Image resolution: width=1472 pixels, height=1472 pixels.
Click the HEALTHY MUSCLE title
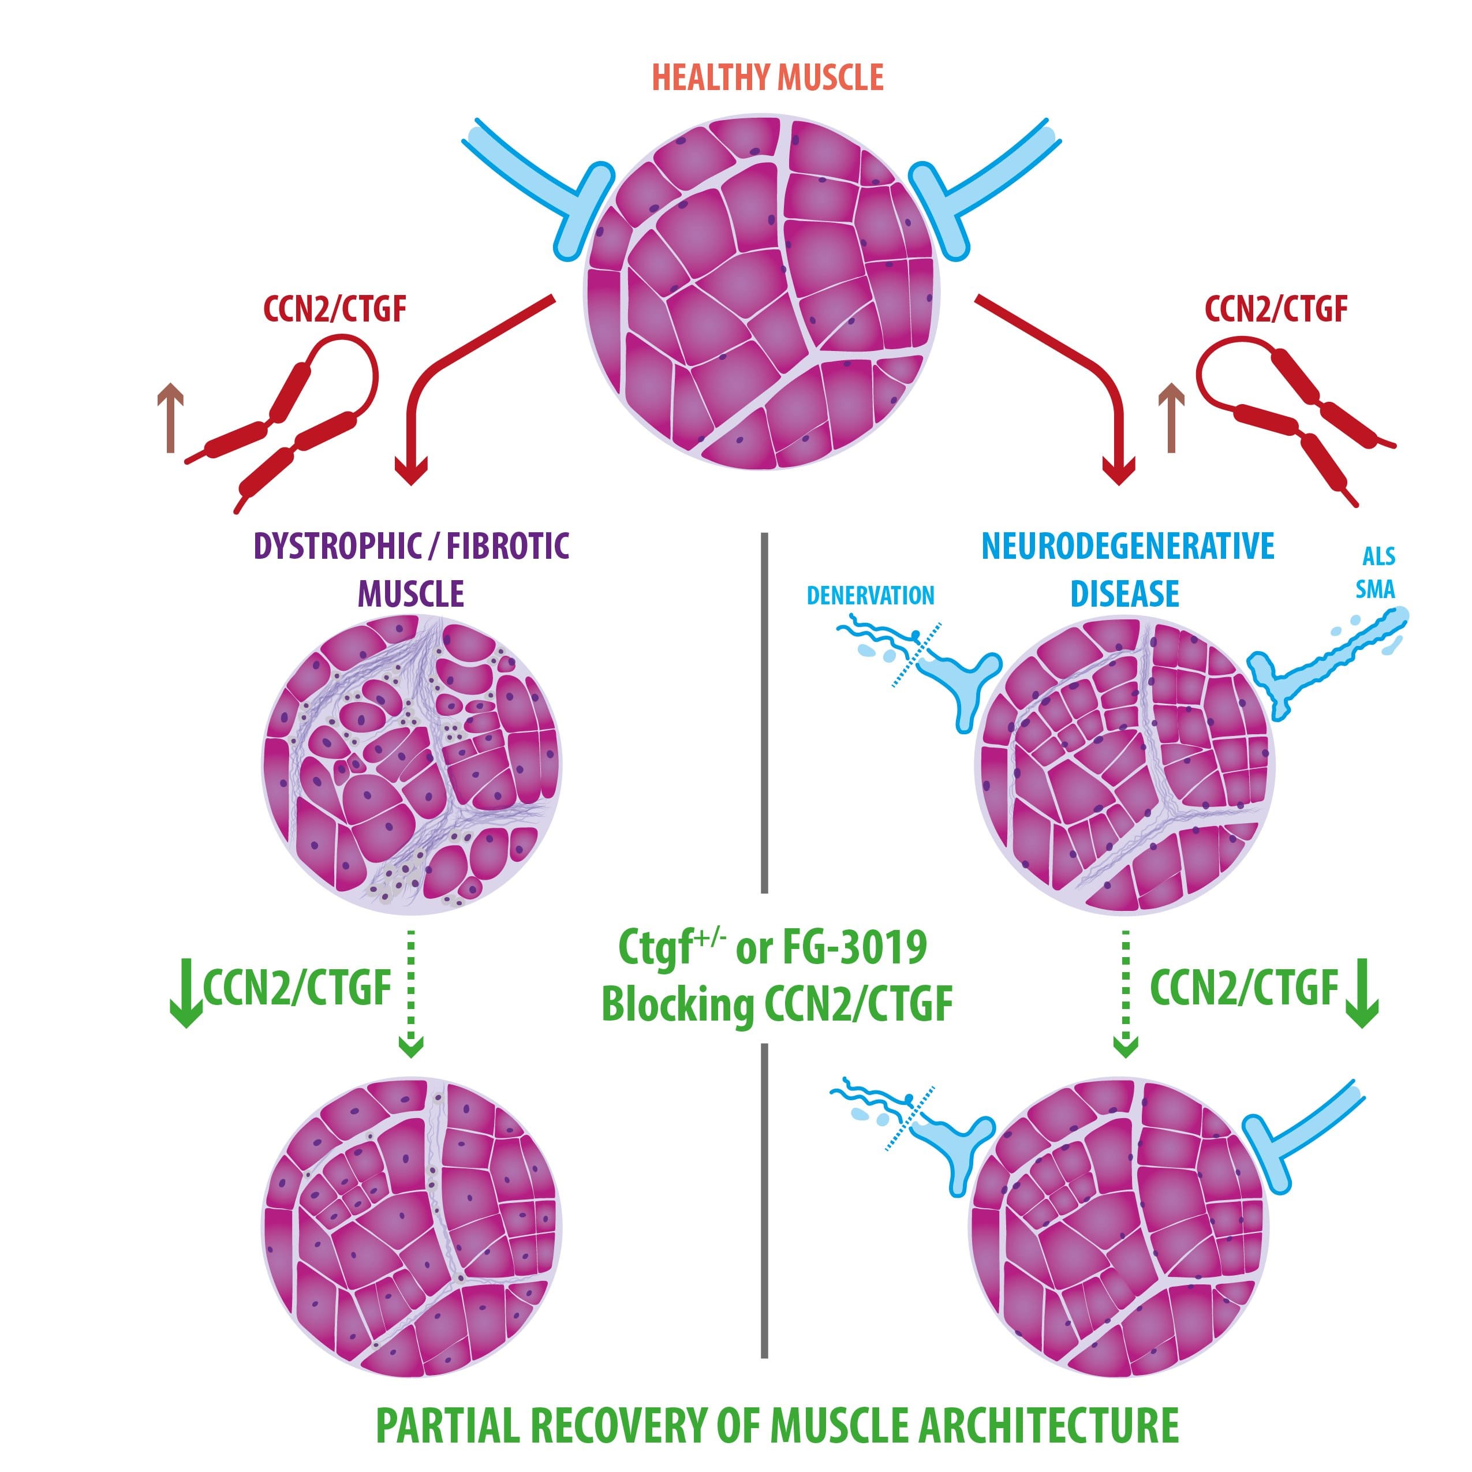pos(767,78)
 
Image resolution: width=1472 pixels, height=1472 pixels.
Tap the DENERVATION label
pos(870,596)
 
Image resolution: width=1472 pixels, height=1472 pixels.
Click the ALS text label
pos(1378,556)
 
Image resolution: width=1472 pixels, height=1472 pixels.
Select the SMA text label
pos(1375,589)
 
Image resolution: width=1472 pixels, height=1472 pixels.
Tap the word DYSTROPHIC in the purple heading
pos(338,546)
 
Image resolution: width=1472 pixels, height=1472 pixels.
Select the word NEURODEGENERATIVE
pos(1127,546)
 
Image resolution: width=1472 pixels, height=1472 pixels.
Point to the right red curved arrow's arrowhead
pos(1119,472)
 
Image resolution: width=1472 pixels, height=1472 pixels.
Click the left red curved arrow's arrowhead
pos(410,472)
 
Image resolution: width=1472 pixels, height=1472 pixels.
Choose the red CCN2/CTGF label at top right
pos(1276,309)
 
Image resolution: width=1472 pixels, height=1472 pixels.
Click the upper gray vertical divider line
pos(764,712)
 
